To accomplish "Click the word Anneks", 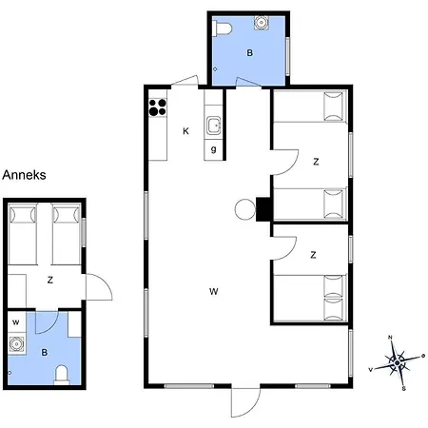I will [x=25, y=175].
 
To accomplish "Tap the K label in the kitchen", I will [x=186, y=131].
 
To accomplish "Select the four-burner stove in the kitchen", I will [x=157, y=107].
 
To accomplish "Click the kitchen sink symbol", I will [x=214, y=125].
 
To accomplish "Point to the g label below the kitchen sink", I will [x=214, y=149].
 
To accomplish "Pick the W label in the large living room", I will [x=213, y=291].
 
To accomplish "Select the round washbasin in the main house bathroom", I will [x=261, y=26].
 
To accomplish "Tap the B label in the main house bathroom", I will [x=249, y=53].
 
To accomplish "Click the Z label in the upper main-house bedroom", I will [x=315, y=162].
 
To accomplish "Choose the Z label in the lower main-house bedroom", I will [x=313, y=255].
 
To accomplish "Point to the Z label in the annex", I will [x=49, y=280].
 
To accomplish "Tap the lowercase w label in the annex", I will [x=16, y=321].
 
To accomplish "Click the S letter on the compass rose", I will [x=403, y=388].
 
